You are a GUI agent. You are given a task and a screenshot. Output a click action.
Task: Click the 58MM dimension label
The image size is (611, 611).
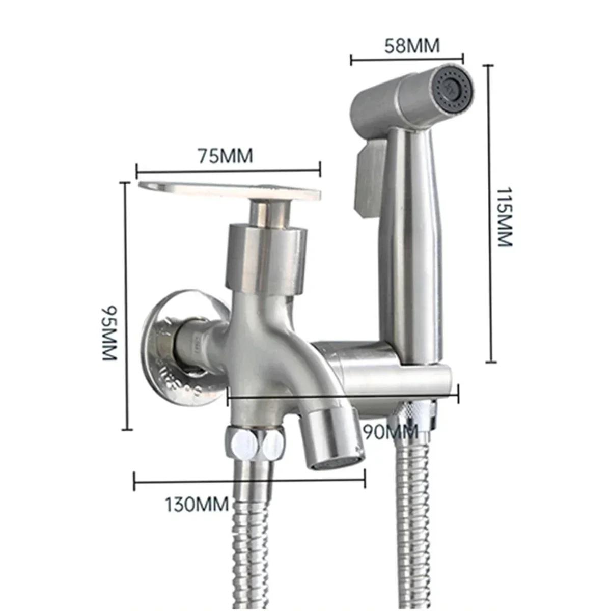tap(412, 46)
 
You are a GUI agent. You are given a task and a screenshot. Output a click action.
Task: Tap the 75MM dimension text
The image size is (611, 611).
tap(226, 156)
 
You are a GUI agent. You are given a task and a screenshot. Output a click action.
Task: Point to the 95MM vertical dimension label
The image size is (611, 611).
tap(109, 332)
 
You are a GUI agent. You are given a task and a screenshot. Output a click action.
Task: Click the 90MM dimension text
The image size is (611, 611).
tap(390, 432)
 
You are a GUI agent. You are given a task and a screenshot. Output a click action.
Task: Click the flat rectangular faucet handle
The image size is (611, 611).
tap(229, 191)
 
